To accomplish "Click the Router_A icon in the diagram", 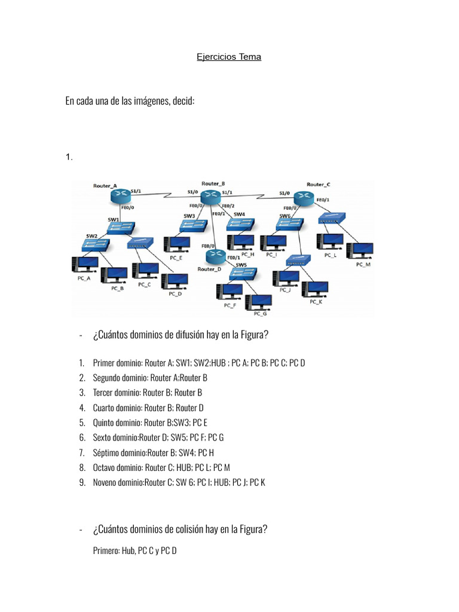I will (x=120, y=197).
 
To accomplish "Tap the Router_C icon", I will (x=302, y=198).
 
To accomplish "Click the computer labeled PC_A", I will (x=84, y=265).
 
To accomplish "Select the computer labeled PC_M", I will (x=363, y=250).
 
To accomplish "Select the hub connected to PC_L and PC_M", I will (x=332, y=218).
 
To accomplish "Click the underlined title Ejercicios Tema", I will (x=229, y=57).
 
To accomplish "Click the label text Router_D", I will (x=209, y=269).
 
